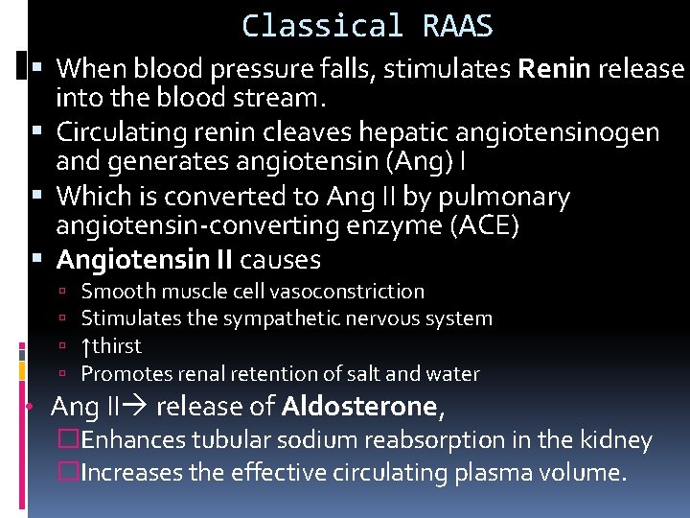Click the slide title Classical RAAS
pyautogui.click(x=367, y=26)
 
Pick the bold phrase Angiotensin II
pyautogui.click(x=145, y=259)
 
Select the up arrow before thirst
pyautogui.click(x=86, y=346)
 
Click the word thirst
pyautogui.click(x=117, y=346)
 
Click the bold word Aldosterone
pyautogui.click(x=359, y=408)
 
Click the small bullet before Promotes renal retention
pyautogui.click(x=61, y=374)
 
